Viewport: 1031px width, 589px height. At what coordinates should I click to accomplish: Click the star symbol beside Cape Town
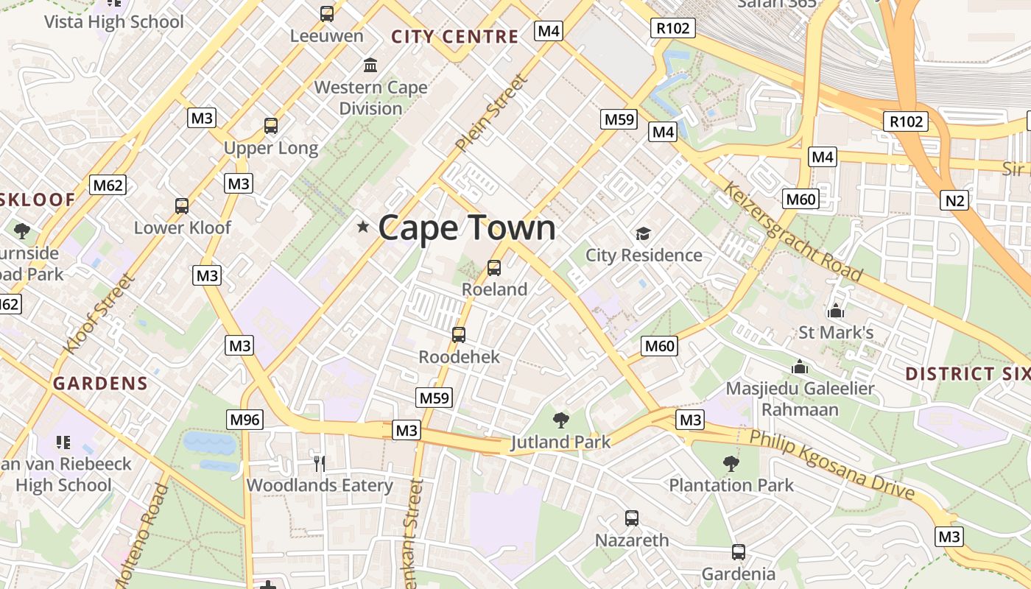[x=362, y=227]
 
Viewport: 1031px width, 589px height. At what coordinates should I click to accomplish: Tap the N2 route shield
[x=954, y=200]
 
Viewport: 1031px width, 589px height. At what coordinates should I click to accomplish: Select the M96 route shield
[x=244, y=420]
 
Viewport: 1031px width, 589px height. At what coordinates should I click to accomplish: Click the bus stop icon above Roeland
[x=494, y=268]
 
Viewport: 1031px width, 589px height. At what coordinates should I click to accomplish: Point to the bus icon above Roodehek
[x=459, y=335]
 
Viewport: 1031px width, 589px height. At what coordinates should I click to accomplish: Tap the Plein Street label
[x=492, y=114]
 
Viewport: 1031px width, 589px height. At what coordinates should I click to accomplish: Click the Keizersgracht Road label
[x=792, y=232]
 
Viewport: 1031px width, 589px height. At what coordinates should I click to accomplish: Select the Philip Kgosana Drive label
[x=831, y=465]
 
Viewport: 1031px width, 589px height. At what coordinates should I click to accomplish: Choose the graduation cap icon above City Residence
[x=644, y=234]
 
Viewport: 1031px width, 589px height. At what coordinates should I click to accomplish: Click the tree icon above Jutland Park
[x=561, y=420]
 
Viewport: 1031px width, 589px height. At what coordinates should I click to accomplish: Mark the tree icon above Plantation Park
[x=731, y=464]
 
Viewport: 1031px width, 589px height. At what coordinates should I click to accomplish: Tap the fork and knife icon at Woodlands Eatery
[x=319, y=463]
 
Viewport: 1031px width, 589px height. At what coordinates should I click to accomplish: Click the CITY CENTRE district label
[x=454, y=37]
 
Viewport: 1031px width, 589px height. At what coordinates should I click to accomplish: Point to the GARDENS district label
[x=100, y=383]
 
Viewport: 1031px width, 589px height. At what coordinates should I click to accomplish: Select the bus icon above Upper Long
[x=271, y=126]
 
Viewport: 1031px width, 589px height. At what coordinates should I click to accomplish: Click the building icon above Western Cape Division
[x=370, y=65]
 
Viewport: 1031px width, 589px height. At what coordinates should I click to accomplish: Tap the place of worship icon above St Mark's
[x=836, y=311]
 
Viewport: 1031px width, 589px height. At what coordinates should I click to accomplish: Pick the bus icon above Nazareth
[x=632, y=518]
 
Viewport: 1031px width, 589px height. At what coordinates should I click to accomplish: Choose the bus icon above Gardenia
[x=739, y=552]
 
